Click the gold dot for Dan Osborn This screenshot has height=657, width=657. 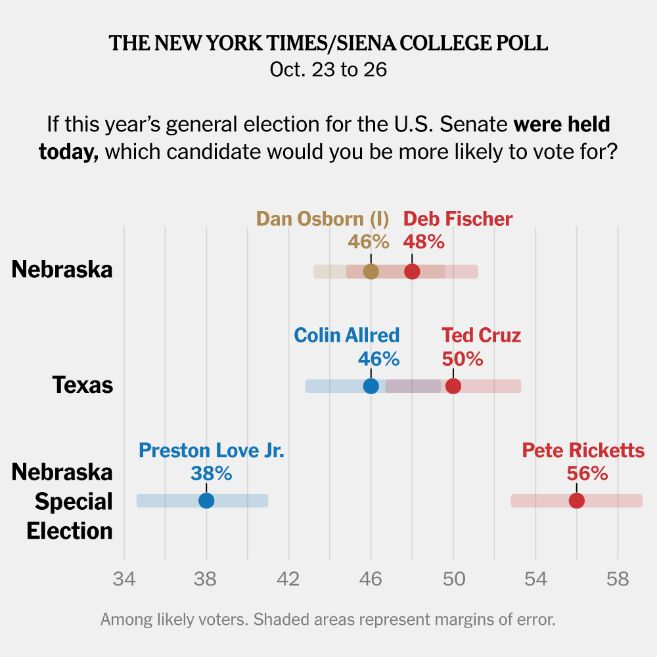coord(371,271)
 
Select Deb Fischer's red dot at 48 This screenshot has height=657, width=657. coord(412,271)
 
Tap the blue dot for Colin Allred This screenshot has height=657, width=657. coord(371,386)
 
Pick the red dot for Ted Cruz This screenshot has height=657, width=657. coord(453,386)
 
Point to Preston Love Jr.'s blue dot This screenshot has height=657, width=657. coord(206,501)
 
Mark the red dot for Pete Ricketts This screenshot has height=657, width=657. coord(577,501)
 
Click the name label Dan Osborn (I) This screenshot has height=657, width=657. coord(323,219)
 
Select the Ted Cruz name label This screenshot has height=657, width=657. coord(481,335)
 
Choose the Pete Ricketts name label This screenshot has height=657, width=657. coord(583,451)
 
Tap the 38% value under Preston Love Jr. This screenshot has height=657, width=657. coord(211,473)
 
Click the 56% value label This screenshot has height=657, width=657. coord(587,473)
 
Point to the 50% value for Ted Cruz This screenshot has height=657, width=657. coord(463,359)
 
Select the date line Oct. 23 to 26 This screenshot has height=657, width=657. coord(328,70)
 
